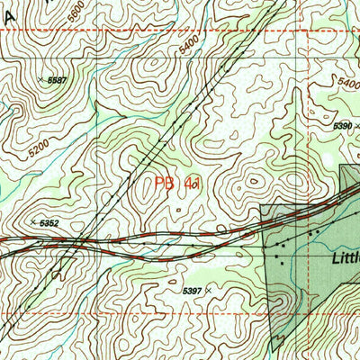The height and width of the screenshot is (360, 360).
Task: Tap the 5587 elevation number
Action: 58,80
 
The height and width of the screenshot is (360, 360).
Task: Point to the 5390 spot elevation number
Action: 342,126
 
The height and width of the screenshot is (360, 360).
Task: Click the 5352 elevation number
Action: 50,222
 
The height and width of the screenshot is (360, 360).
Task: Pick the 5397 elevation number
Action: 192,291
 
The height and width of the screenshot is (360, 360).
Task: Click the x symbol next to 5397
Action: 209,291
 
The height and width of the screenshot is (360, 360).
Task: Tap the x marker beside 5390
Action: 356,126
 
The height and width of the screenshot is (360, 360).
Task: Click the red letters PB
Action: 164,184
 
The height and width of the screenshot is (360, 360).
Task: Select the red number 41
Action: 191,184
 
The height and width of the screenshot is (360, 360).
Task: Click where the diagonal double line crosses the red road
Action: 81,240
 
